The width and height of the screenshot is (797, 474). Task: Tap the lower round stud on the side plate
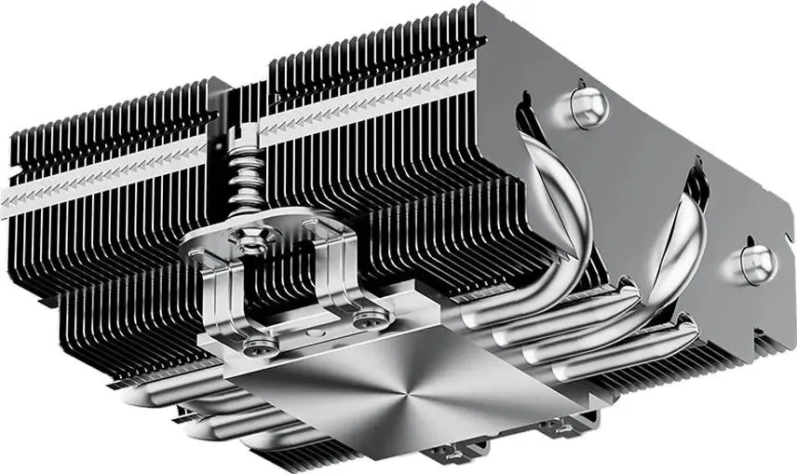pyautogui.click(x=758, y=263)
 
